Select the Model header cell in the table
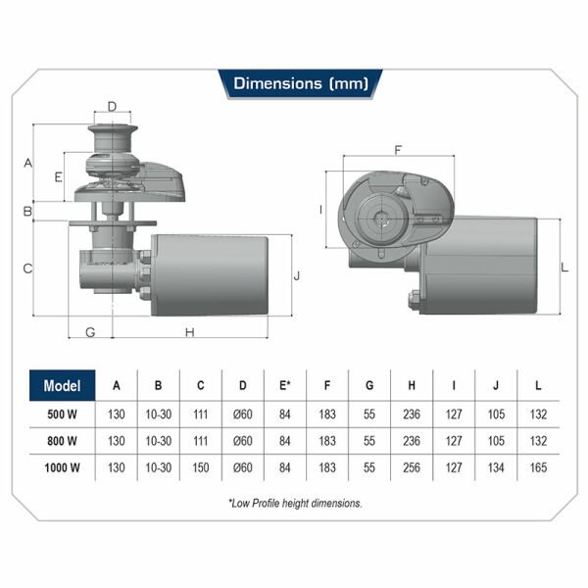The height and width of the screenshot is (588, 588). [x=62, y=385]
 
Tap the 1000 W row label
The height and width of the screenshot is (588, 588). [x=62, y=467]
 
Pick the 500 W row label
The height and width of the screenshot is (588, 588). [x=62, y=414]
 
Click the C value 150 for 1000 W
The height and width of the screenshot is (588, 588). [x=201, y=467]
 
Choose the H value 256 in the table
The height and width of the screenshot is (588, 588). [x=411, y=467]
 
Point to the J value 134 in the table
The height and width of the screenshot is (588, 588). [x=496, y=467]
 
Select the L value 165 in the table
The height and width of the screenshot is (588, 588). [x=538, y=467]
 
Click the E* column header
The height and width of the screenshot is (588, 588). [x=285, y=385]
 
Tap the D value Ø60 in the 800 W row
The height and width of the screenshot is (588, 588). [x=243, y=441]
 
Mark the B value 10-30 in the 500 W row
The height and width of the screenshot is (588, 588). [x=159, y=414]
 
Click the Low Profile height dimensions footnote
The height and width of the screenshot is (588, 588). [x=294, y=504]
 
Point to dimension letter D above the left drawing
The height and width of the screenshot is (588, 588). [x=112, y=106]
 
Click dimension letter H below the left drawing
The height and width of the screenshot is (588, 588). [x=190, y=332]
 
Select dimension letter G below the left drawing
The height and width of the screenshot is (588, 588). [x=89, y=332]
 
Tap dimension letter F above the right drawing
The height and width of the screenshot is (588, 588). [x=397, y=151]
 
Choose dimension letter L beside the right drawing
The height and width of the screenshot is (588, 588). [x=564, y=267]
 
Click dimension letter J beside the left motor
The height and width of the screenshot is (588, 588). [x=297, y=275]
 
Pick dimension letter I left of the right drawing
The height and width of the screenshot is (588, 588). [x=321, y=210]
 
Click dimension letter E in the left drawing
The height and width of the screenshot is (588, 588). [x=58, y=177]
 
